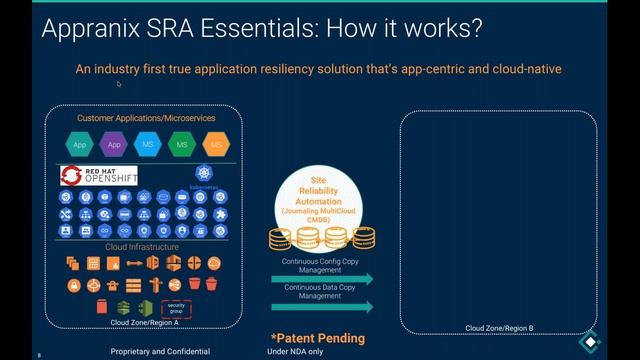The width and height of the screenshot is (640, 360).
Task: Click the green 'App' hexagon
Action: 80,145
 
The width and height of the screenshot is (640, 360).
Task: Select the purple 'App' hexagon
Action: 114,145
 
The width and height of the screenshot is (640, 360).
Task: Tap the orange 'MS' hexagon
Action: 215,145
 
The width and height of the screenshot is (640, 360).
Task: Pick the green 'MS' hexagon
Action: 181,145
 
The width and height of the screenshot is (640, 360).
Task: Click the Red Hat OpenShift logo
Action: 99,176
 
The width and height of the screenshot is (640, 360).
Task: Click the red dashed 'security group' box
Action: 175,307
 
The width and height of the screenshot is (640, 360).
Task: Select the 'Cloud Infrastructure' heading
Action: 143,246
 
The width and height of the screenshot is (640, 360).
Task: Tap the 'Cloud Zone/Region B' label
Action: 500,328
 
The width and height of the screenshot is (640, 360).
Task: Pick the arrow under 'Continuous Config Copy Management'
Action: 322,279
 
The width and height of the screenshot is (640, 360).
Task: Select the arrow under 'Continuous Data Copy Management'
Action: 322,307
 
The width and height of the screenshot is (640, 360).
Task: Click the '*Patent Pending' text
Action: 318,338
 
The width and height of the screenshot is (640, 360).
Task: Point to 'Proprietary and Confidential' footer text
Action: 160,352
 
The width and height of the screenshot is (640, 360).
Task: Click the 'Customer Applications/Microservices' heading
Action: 146,118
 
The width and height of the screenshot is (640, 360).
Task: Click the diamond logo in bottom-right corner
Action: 591,340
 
